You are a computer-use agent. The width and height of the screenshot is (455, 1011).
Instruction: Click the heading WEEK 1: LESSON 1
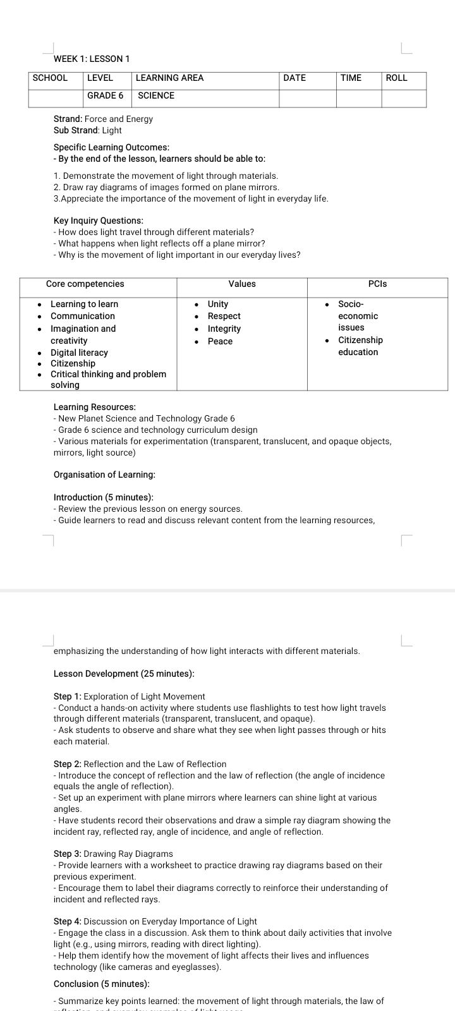pyautogui.click(x=92, y=59)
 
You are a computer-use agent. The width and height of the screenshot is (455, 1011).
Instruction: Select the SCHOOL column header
pyautogui.click(x=50, y=78)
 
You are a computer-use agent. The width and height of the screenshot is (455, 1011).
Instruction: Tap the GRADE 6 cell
pyautogui.click(x=105, y=95)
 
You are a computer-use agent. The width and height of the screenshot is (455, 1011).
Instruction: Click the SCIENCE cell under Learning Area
pyautogui.click(x=156, y=95)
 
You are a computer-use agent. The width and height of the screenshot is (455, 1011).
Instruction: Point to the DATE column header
pyautogui.click(x=294, y=78)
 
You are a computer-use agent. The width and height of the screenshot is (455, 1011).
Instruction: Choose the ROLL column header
pyautogui.click(x=396, y=78)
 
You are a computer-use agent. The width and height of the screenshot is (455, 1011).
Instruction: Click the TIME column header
pyautogui.click(x=351, y=78)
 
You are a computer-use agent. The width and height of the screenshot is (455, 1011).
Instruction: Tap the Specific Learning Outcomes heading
pyautogui.click(x=111, y=147)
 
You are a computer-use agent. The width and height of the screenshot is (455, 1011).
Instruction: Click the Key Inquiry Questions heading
pyautogui.click(x=99, y=221)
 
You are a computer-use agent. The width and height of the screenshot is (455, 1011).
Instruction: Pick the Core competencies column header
pyautogui.click(x=85, y=284)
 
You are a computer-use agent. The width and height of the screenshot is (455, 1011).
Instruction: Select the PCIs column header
pyautogui.click(x=377, y=284)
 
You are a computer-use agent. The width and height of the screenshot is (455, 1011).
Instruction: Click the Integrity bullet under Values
pyautogui.click(x=224, y=329)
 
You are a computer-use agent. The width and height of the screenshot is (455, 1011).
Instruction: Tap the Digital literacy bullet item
pyautogui.click(x=79, y=353)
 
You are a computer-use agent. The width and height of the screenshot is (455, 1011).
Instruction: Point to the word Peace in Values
pyautogui.click(x=220, y=341)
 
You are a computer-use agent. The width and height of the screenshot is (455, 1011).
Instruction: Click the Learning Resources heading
pyautogui.click(x=95, y=407)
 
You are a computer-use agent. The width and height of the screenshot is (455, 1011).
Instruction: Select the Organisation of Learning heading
pyautogui.click(x=104, y=475)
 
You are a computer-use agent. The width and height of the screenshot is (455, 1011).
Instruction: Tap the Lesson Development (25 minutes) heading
pyautogui.click(x=124, y=674)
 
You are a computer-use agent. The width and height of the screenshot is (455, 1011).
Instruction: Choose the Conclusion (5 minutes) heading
pyautogui.click(x=102, y=984)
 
